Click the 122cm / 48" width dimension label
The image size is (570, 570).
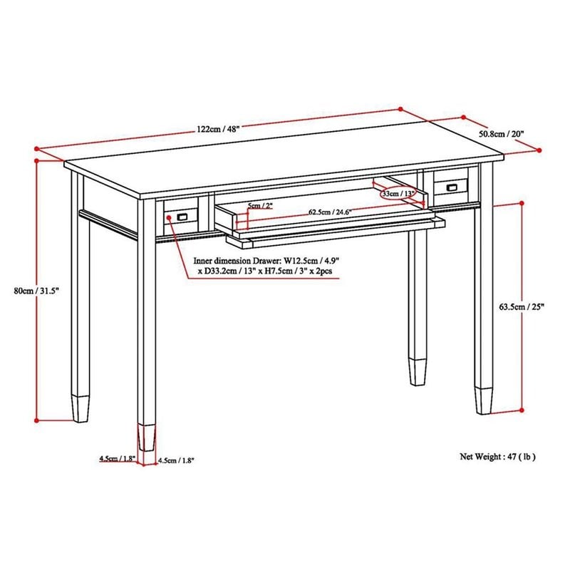click(218, 129)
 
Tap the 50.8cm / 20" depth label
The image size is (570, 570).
click(502, 134)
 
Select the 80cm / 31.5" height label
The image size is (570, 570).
click(36, 291)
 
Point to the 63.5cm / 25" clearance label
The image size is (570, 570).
click(522, 307)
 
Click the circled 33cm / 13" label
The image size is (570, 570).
click(398, 193)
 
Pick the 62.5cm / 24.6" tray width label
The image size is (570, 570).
click(330, 212)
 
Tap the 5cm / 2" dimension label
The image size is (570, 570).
click(260, 206)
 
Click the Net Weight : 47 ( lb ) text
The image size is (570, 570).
click(497, 457)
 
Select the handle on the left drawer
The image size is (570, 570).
click(182, 217)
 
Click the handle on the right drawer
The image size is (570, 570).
click(452, 187)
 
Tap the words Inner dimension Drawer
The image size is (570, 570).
click(237, 261)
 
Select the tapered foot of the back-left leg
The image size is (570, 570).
click(81, 408)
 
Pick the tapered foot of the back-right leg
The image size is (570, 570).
click(418, 372)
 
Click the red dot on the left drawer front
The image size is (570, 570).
click(169, 217)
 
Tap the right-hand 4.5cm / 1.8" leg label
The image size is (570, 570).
click(176, 460)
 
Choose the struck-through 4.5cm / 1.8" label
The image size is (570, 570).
click(118, 459)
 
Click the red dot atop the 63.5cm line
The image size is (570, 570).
click(522, 203)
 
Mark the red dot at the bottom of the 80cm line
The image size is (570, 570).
click(36, 420)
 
